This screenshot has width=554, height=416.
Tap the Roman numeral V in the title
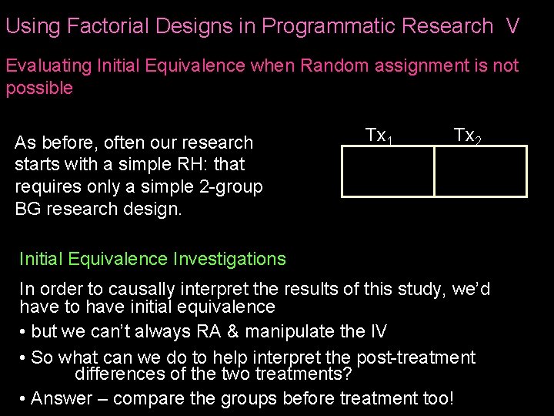click(x=512, y=26)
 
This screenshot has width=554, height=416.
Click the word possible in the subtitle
click(x=39, y=88)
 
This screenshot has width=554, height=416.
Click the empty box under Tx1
click(x=388, y=171)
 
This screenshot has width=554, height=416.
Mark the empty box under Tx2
click(x=480, y=171)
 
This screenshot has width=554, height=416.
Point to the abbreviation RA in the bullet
click(x=254, y=332)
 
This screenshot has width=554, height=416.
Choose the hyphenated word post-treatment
click(x=415, y=357)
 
